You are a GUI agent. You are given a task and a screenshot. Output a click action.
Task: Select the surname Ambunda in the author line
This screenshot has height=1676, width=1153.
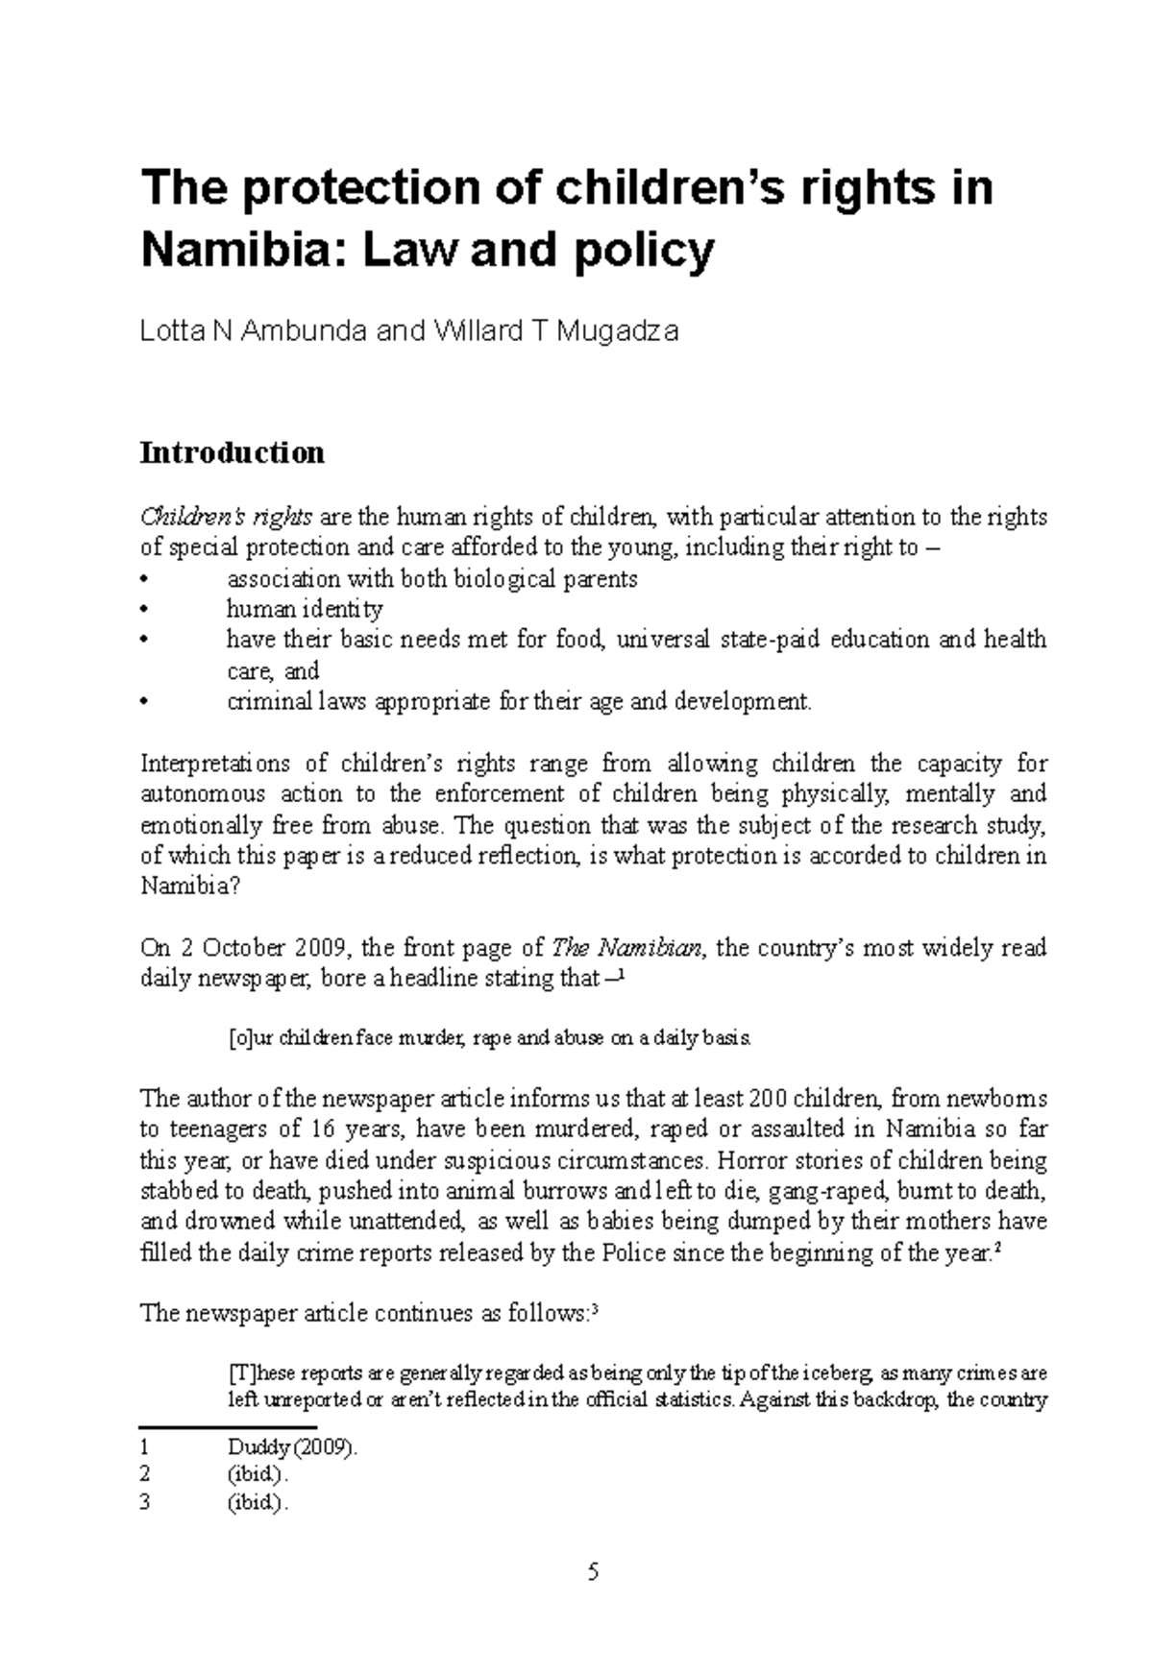coord(305,331)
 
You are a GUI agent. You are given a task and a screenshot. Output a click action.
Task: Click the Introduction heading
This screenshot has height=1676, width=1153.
coord(232,452)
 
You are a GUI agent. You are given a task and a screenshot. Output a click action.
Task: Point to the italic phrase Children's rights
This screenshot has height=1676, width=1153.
coord(226,518)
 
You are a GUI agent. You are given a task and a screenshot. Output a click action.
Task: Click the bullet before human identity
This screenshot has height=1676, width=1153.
coord(145,610)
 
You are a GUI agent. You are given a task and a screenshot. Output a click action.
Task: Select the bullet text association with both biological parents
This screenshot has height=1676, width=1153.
coord(431,579)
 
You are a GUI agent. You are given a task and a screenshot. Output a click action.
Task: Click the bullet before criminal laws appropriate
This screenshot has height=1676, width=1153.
coord(145,702)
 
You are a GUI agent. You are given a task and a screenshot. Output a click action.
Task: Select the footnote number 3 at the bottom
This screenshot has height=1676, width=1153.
coord(145,1504)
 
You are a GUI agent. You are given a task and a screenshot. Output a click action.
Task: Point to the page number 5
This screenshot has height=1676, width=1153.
coord(593,1572)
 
